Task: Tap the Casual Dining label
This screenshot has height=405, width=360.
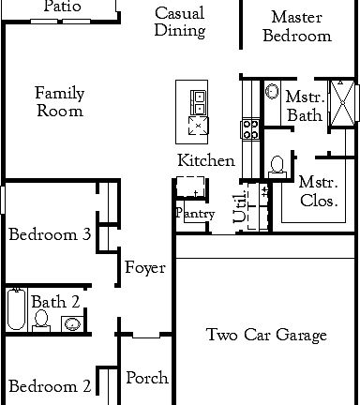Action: [180, 22]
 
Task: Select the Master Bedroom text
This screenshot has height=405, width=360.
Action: [297, 26]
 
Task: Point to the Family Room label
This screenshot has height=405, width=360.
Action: [59, 101]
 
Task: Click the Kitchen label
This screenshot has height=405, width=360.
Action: [206, 160]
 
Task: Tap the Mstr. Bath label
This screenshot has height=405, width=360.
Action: [304, 106]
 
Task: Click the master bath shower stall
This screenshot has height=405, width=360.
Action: [344, 103]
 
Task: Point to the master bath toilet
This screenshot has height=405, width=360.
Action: [277, 166]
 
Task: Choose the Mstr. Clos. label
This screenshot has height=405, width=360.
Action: [318, 190]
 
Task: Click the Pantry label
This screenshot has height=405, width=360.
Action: [194, 214]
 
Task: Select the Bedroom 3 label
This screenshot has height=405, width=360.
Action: [49, 234]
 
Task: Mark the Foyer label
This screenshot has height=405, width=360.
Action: [145, 268]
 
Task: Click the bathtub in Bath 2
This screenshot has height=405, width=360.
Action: [16, 308]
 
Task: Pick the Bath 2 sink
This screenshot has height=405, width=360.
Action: [71, 323]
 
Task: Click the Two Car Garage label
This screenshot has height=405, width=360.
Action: [266, 335]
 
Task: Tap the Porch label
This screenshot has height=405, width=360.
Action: [147, 378]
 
